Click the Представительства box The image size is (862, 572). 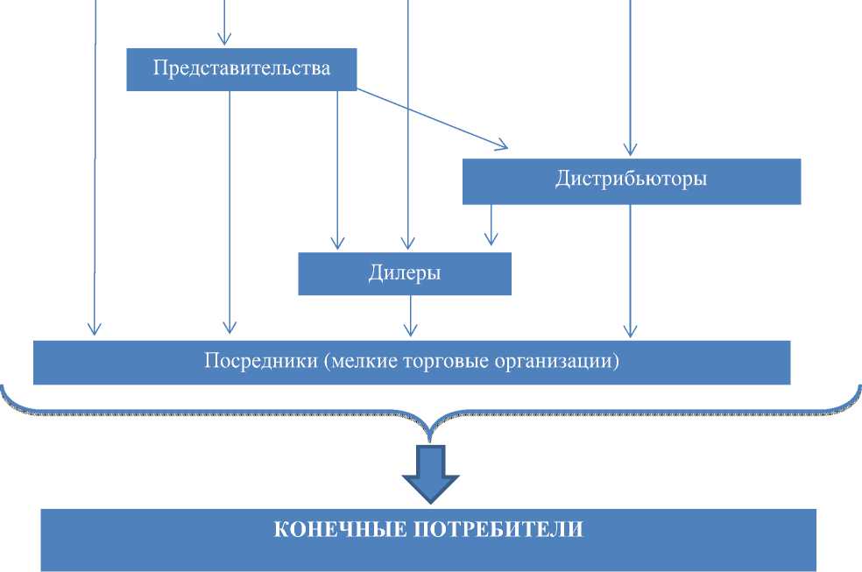click(241, 68)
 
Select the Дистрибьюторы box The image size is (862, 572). click(631, 180)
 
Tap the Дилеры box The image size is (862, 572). click(404, 273)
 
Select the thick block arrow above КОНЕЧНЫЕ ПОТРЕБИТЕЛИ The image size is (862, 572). click(430, 473)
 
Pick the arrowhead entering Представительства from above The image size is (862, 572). click(224, 37)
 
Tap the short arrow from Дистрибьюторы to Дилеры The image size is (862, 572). click(491, 226)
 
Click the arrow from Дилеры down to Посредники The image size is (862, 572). click(409, 315)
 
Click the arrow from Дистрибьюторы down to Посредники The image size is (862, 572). click(629, 272)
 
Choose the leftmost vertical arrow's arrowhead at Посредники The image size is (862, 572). click(93, 329)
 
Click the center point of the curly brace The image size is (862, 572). click(430, 429)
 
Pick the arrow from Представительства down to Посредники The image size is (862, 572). click(230, 210)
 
